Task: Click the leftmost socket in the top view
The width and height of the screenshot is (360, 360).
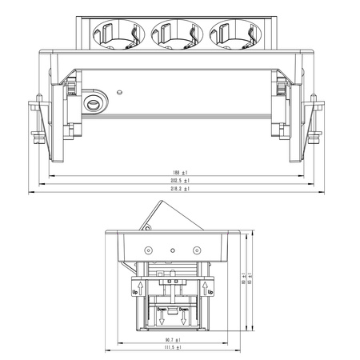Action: (x=114, y=34)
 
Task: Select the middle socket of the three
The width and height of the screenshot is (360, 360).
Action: (x=171, y=34)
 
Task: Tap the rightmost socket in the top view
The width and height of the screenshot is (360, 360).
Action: (x=229, y=34)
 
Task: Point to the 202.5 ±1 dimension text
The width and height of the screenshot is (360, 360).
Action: (x=178, y=182)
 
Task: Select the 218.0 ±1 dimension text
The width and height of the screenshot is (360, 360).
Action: (x=178, y=191)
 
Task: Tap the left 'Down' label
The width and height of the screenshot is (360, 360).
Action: (x=162, y=310)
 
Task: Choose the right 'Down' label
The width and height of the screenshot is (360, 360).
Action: (x=183, y=310)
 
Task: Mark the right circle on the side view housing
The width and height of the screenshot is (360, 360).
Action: (x=197, y=250)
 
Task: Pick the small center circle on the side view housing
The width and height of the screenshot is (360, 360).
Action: (x=171, y=250)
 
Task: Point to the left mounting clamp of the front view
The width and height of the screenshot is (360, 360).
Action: (x=38, y=120)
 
